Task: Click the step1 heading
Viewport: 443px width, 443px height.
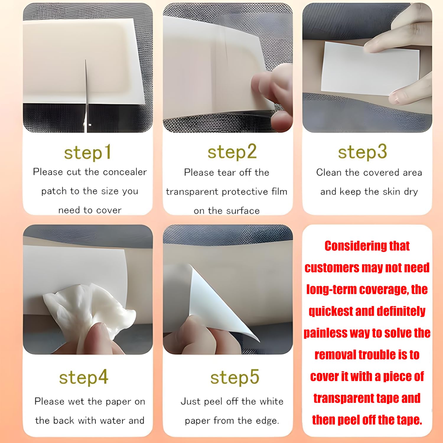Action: click(88, 152)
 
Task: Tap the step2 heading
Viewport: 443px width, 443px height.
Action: click(232, 152)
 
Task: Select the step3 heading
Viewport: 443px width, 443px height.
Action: click(362, 152)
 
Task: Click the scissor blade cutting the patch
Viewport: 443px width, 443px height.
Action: click(86, 92)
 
